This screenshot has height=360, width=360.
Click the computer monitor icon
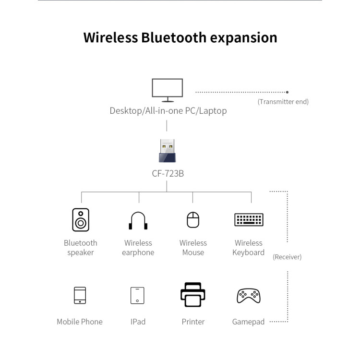pyautogui.click(x=167, y=90)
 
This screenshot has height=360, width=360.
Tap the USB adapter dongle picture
pyautogui.click(x=167, y=151)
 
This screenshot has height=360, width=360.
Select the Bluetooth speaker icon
pyautogui.click(x=81, y=220)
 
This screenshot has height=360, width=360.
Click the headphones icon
pyautogui.click(x=138, y=221)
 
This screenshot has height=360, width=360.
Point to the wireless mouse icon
pyautogui.click(x=193, y=220)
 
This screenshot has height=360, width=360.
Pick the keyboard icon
pyautogui.click(x=249, y=220)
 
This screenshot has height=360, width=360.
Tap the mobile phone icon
pyautogui.click(x=80, y=295)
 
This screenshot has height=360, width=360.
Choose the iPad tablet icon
pyautogui.click(x=138, y=295)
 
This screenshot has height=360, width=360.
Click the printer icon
pyautogui.click(x=193, y=295)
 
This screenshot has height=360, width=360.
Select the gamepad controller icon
pyautogui.click(x=249, y=296)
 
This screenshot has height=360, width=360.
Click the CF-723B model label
pyautogui.click(x=168, y=173)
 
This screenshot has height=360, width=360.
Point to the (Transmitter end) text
pyautogui.click(x=283, y=102)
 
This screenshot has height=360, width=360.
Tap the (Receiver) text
pyautogui.click(x=287, y=257)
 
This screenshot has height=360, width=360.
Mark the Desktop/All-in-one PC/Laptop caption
pyautogui.click(x=168, y=111)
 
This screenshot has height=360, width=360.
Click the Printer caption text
pyautogui.click(x=193, y=322)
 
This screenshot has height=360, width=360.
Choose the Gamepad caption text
pyautogui.click(x=248, y=322)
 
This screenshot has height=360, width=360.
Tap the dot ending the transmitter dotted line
pyautogui.click(x=287, y=92)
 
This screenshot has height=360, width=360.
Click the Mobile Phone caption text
pyautogui.click(x=80, y=322)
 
